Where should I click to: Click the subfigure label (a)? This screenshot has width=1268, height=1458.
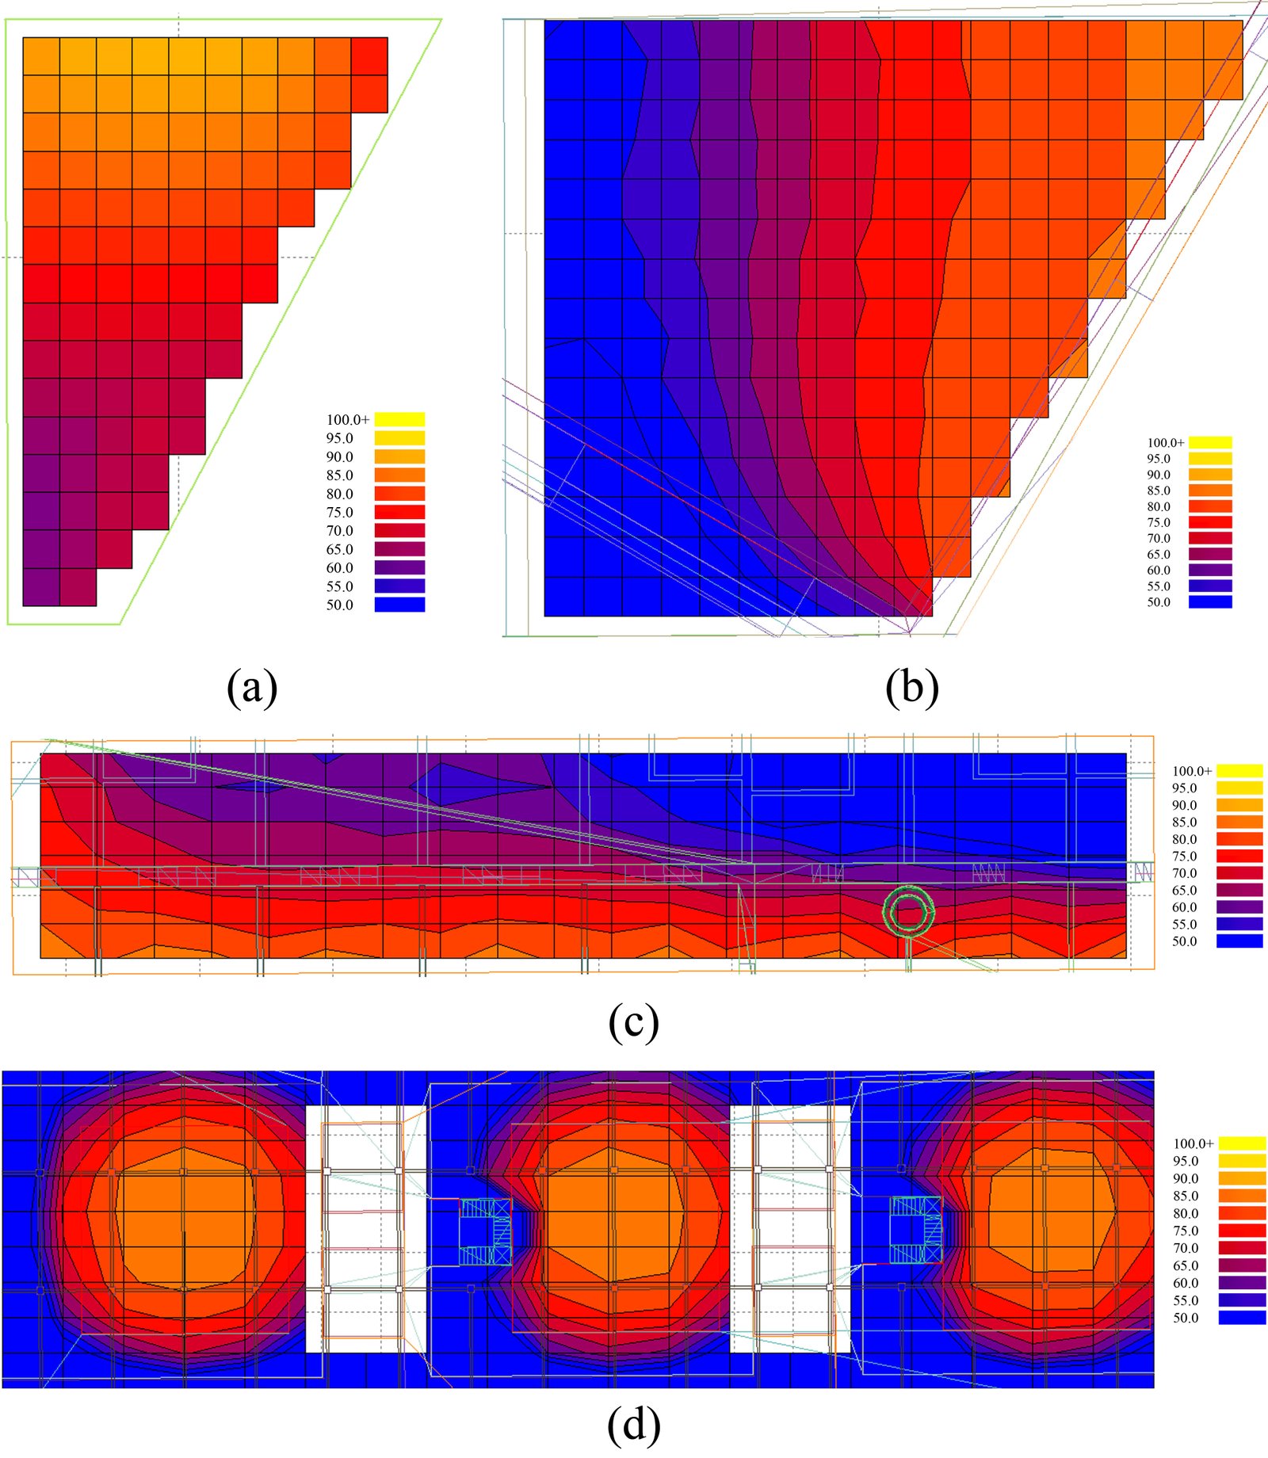[252, 687]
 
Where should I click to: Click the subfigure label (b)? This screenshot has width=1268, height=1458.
[912, 687]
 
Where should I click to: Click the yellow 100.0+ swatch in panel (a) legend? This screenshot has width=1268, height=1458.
[399, 419]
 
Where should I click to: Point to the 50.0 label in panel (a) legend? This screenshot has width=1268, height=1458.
[340, 605]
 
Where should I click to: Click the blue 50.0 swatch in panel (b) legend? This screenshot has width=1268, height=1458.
[1209, 601]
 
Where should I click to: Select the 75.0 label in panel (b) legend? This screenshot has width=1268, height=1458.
[1159, 522]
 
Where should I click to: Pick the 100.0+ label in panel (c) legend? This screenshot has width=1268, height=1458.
[1191, 770]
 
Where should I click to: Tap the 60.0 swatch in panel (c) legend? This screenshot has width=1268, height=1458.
[1239, 907]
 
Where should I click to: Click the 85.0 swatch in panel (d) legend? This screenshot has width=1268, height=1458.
[1242, 1196]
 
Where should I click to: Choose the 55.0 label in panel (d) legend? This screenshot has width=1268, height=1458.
[1186, 1300]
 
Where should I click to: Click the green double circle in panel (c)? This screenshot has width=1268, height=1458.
[908, 912]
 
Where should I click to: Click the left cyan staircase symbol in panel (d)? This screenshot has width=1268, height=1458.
[486, 1231]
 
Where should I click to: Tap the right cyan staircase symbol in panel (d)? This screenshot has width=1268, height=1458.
[915, 1230]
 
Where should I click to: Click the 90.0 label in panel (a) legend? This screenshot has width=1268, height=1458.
[340, 456]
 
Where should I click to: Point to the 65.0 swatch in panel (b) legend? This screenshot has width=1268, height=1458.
[1209, 554]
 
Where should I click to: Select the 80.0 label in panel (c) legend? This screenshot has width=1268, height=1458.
[1185, 839]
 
